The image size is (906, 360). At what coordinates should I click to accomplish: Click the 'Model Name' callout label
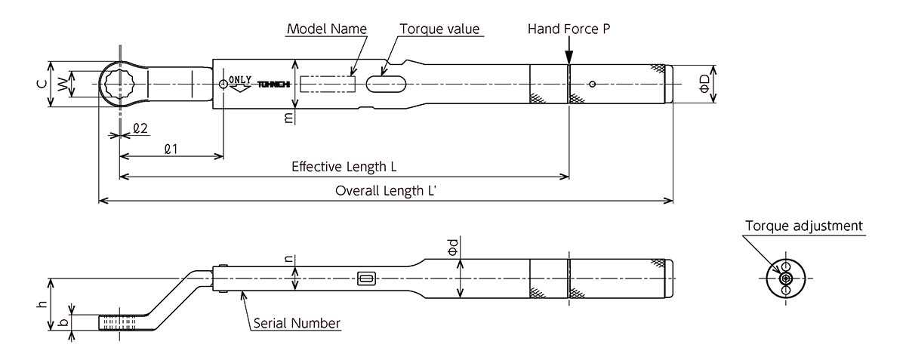[327, 29]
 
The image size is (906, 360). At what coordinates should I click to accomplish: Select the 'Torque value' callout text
[439, 29]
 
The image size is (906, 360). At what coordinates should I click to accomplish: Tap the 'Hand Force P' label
[569, 29]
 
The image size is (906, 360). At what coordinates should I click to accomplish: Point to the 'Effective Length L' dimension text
[344, 167]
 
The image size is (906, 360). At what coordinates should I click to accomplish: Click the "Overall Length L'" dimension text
[386, 190]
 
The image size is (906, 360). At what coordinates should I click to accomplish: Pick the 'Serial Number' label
[297, 323]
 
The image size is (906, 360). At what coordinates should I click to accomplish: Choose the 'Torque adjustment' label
[803, 226]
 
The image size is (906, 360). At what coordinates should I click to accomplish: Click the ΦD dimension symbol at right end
[704, 84]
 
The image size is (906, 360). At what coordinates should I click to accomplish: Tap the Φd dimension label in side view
[453, 247]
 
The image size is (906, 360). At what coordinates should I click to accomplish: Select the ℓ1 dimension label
[171, 149]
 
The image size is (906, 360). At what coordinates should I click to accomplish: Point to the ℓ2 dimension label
[140, 128]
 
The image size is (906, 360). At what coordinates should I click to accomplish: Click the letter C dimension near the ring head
[42, 84]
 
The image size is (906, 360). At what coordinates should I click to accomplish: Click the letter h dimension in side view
[42, 304]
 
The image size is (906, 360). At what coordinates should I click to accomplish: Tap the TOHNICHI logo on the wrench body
[274, 84]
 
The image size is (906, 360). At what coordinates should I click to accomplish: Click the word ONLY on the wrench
[240, 80]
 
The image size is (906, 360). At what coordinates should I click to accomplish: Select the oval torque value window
[386, 84]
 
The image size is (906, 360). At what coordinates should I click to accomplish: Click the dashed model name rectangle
[328, 84]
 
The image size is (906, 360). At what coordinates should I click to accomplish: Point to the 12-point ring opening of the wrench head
[121, 84]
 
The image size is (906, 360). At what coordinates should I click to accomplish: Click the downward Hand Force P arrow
[569, 51]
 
